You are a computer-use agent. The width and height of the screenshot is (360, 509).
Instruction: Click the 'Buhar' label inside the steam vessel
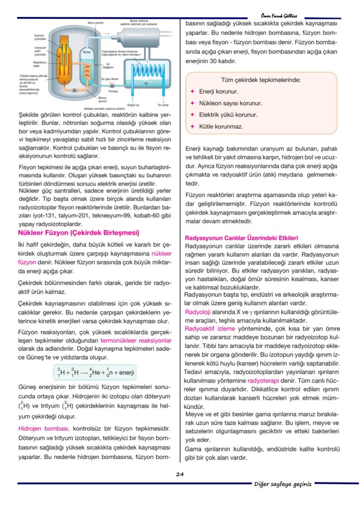[x=86, y=52]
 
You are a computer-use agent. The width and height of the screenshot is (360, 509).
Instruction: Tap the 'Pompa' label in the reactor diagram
[x=113, y=91]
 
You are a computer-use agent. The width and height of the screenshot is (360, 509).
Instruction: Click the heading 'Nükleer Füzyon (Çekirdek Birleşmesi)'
[x=78, y=233]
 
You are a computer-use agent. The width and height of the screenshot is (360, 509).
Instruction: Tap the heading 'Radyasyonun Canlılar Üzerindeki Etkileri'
[x=241, y=238]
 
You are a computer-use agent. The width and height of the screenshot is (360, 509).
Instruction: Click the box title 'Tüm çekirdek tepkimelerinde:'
[x=261, y=80]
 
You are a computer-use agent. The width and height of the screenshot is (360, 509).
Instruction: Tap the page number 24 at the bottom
[x=180, y=474]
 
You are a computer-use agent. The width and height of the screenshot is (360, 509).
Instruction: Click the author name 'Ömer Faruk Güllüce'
[x=279, y=16]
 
